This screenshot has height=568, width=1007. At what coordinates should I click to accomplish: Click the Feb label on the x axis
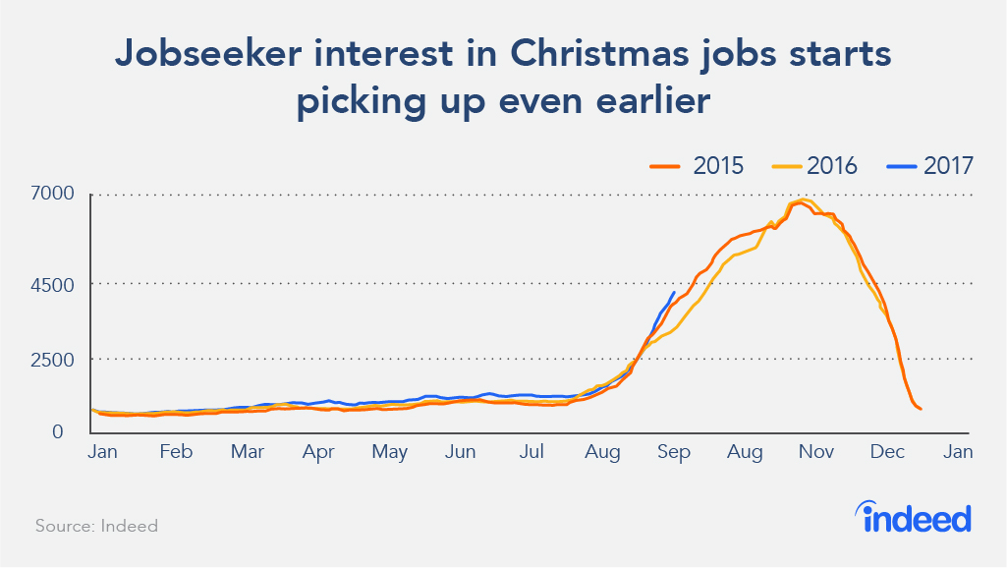(x=176, y=453)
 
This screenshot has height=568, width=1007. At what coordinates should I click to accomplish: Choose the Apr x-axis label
(x=319, y=453)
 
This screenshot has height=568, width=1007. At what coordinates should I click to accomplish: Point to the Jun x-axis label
(x=461, y=453)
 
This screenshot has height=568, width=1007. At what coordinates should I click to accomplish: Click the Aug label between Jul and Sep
(x=602, y=453)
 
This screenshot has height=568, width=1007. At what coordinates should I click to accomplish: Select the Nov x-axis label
(x=816, y=453)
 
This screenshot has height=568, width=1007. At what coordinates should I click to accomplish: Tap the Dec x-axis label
(x=888, y=453)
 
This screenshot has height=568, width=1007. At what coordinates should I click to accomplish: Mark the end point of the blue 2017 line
(x=673, y=292)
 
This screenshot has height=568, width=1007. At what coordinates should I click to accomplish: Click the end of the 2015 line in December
(x=921, y=409)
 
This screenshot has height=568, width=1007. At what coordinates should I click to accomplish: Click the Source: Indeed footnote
(x=96, y=526)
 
